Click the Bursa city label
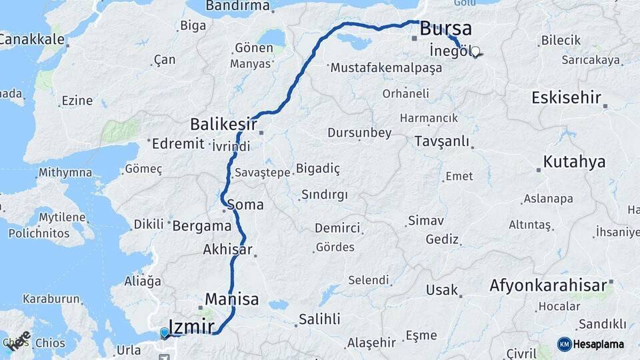tap(446, 29)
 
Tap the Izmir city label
tap(192, 327)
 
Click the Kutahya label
tap(574, 162)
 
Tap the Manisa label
tap(231, 299)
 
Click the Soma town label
tap(245, 205)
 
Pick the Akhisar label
tap(227, 250)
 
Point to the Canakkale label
tap(32, 39)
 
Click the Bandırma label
tap(237, 6)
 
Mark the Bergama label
tap(201, 226)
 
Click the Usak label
tap(443, 290)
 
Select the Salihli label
tap(319, 319)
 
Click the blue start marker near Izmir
tap(165, 332)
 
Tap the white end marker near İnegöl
tap(475, 51)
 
